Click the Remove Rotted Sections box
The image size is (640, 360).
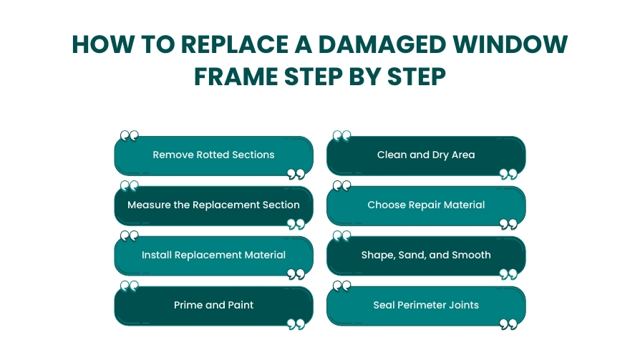pyautogui.click(x=213, y=155)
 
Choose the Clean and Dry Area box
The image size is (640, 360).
pyautogui.click(x=426, y=155)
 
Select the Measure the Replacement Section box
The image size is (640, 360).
pyautogui.click(x=213, y=205)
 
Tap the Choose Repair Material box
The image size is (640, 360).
pyautogui.click(x=426, y=205)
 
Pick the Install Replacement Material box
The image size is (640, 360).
pyautogui.click(x=213, y=256)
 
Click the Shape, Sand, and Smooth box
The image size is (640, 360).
pyautogui.click(x=426, y=256)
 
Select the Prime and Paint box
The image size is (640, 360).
pyautogui.click(x=213, y=306)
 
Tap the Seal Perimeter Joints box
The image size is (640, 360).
pyautogui.click(x=426, y=306)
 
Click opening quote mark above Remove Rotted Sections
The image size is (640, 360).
pyautogui.click(x=130, y=136)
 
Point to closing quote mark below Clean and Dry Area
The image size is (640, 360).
pyautogui.click(x=508, y=175)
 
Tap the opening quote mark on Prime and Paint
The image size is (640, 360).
pyautogui.click(x=130, y=286)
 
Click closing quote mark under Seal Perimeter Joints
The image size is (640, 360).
pyautogui.click(x=508, y=325)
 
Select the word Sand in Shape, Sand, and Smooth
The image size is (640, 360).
pyautogui.click(x=412, y=256)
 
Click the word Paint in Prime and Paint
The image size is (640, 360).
pyautogui.click(x=240, y=306)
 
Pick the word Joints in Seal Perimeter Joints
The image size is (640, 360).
pyautogui.click(x=463, y=306)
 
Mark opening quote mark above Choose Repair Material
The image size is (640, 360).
pyautogui.click(x=342, y=186)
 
